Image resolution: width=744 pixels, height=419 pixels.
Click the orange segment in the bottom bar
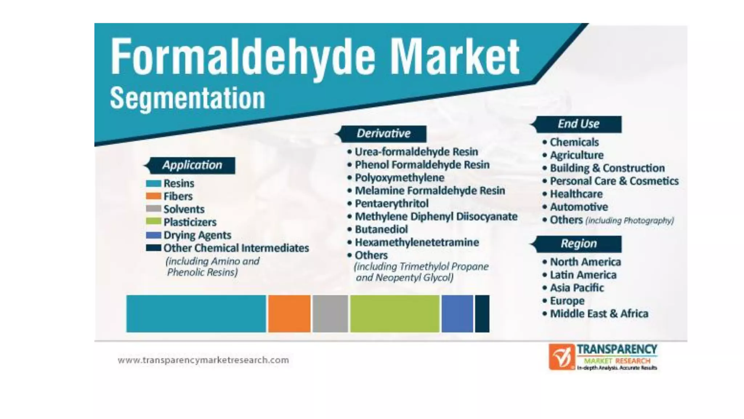click(289, 314)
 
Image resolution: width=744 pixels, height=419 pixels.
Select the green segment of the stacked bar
click(395, 314)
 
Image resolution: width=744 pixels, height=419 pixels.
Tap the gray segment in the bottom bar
click(330, 314)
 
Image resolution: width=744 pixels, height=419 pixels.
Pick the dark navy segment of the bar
click(482, 314)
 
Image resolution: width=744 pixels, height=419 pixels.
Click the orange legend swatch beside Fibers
click(153, 196)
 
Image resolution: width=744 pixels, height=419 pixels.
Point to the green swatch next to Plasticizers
click(153, 222)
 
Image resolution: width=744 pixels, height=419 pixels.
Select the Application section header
click(192, 165)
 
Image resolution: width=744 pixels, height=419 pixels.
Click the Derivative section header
click(383, 133)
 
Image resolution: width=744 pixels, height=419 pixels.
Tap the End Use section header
click(578, 124)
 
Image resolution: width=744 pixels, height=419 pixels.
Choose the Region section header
click(578, 243)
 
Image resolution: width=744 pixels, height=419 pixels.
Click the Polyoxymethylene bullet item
click(399, 178)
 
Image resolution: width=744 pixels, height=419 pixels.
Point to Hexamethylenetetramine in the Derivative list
click(417, 242)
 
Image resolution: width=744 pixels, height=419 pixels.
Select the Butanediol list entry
click(381, 230)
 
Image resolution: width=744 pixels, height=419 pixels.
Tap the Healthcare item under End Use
click(576, 194)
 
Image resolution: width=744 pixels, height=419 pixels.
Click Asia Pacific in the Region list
click(577, 288)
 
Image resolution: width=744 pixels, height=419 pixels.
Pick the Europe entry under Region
click(567, 301)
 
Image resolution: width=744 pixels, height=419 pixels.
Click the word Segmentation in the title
click(187, 98)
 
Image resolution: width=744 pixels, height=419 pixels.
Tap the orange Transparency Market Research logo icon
click(561, 357)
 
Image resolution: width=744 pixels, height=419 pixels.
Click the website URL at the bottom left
click(203, 360)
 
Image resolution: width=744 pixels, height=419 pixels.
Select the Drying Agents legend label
click(197, 235)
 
